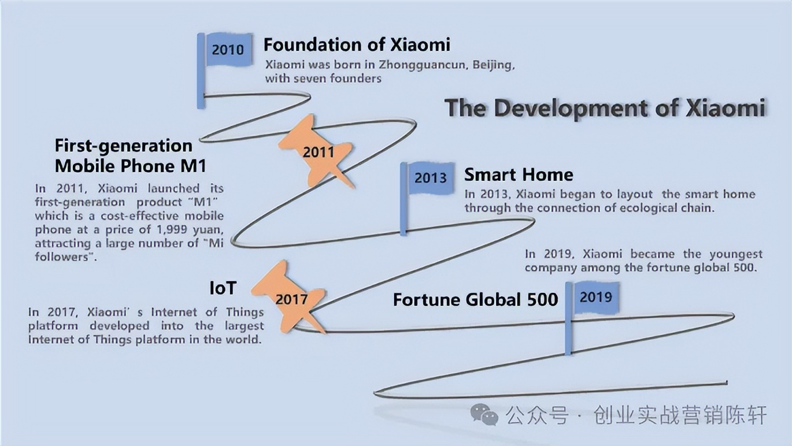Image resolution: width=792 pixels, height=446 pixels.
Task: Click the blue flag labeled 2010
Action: tap(227, 49)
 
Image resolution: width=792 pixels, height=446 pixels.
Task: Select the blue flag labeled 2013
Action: tap(430, 177)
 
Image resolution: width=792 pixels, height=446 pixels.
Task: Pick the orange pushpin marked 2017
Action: tap(290, 298)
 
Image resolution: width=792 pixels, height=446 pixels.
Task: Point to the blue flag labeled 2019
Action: tap(595, 297)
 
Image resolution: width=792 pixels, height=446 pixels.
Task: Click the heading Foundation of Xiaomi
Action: tap(356, 44)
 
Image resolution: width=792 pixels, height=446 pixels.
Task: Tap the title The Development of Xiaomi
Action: tap(605, 109)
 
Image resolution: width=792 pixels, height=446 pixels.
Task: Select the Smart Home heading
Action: tap(519, 174)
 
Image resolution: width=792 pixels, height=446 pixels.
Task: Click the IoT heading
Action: tap(223, 287)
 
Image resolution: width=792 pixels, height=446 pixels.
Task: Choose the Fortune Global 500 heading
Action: tap(475, 299)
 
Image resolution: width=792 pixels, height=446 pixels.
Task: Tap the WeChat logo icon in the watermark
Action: tap(484, 414)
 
